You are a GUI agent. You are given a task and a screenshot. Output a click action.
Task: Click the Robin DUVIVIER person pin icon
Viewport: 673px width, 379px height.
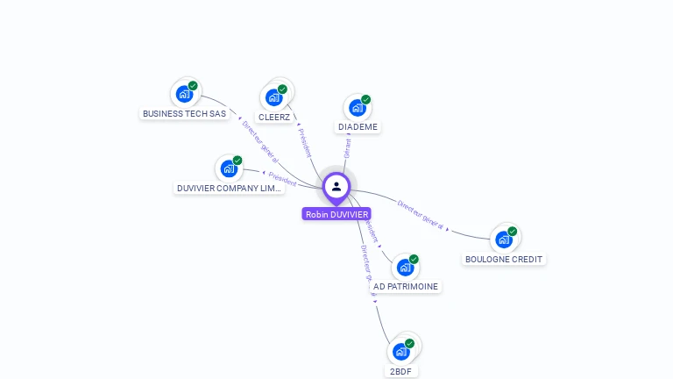coord(336,186)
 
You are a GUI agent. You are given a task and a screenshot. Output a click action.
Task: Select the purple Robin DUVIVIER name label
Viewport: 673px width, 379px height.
coord(336,214)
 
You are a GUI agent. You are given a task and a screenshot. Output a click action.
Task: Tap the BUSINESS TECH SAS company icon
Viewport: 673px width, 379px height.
coord(184,93)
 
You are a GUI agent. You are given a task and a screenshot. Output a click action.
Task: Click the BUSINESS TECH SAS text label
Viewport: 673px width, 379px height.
coord(184,113)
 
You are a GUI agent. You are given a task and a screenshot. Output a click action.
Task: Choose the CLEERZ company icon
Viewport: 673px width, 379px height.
coord(274,97)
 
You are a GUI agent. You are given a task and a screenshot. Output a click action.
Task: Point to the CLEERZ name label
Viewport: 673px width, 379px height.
coord(274,117)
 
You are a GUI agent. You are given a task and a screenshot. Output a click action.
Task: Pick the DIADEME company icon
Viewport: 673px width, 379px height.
coord(357,107)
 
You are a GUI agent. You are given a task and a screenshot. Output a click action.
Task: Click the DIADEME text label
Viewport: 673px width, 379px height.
coord(358,127)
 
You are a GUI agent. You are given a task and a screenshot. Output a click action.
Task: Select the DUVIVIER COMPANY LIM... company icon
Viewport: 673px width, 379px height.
coord(229,168)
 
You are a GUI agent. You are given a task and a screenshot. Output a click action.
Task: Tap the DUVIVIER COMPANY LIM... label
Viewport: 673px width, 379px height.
coord(229,188)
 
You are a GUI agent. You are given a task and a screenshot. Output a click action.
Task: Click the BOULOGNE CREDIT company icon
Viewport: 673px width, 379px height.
coord(504,239)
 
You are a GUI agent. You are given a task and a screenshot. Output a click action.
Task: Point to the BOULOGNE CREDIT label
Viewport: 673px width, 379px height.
coord(504,259)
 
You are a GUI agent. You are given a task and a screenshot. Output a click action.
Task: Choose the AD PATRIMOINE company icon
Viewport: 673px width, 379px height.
coord(405,266)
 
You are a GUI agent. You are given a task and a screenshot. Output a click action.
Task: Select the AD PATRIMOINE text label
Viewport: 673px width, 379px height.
coord(406,286)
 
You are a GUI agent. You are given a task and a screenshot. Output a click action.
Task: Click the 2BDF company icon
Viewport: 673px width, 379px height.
coord(401,351)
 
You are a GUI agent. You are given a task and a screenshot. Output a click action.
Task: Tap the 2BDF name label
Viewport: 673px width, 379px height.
coord(401,371)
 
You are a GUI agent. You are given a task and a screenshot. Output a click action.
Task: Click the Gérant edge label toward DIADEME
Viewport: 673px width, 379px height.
coord(347,147)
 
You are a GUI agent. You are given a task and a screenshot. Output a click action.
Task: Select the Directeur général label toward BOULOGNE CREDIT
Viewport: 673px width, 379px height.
coord(421,215)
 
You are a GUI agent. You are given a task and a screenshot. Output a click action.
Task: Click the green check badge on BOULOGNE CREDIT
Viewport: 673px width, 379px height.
coord(513,232)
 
